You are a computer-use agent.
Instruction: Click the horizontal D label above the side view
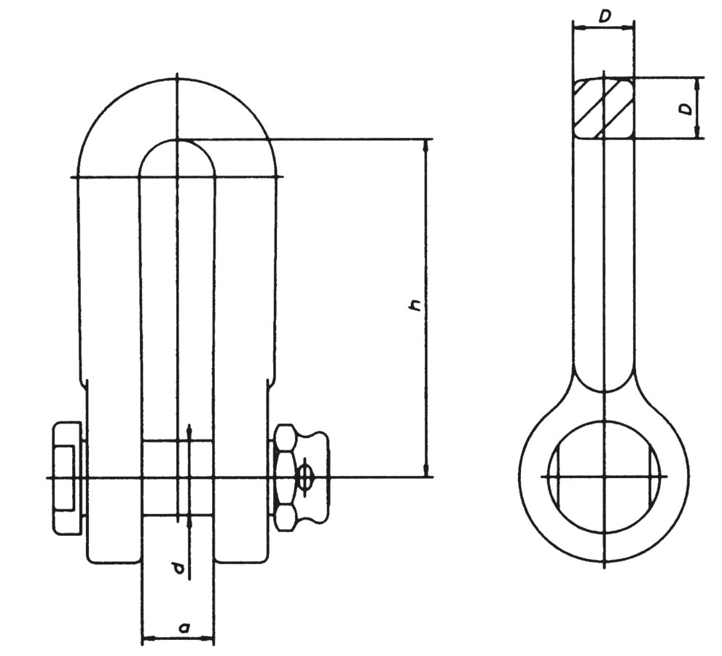605,17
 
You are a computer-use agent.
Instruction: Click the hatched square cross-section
604,108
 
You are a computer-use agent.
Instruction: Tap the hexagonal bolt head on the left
68,477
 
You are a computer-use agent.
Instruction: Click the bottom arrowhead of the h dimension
427,471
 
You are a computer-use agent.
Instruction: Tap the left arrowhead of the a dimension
149,638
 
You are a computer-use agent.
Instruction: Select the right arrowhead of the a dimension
208,638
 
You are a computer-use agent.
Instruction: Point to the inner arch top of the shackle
177,140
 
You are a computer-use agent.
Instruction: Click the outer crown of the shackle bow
177,80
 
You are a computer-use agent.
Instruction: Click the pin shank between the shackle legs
177,477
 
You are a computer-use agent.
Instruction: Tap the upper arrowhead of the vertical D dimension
699,84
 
